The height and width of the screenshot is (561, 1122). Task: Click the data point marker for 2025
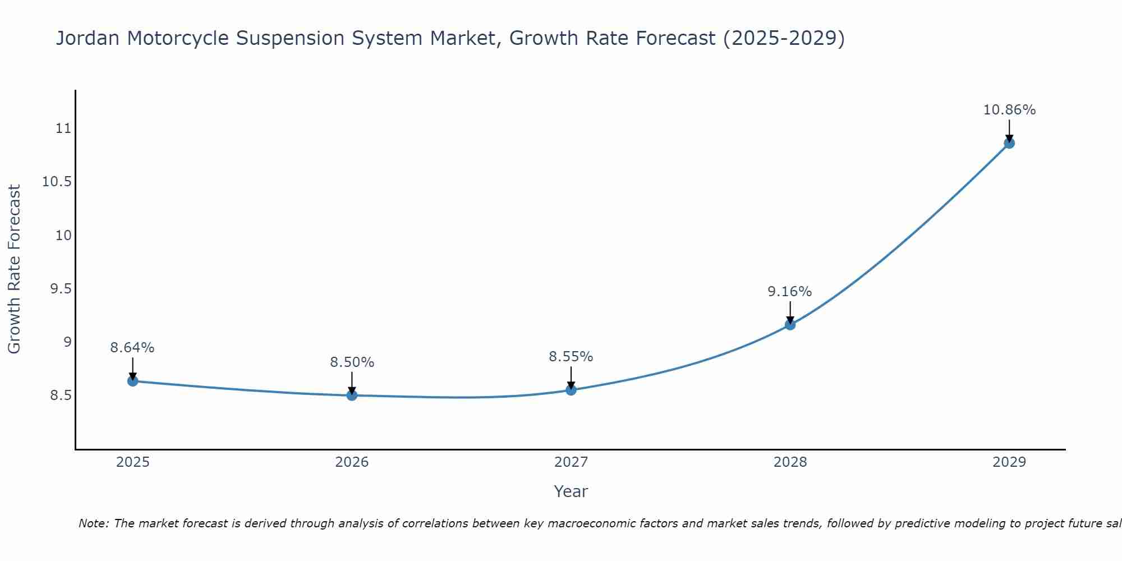tap(133, 381)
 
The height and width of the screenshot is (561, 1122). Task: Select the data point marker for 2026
tap(352, 395)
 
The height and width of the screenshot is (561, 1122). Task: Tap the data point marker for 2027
tap(571, 389)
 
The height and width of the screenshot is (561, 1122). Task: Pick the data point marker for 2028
tap(790, 324)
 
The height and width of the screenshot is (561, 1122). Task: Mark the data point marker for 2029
tap(1009, 143)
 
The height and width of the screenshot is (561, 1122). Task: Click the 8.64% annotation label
tap(132, 348)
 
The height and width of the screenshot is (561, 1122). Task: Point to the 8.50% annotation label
tap(352, 362)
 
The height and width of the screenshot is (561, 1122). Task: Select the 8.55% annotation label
tap(571, 357)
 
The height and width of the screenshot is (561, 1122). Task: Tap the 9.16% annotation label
tap(789, 292)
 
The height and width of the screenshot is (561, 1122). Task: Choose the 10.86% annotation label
tap(1009, 110)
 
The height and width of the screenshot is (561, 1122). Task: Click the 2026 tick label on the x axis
tap(352, 462)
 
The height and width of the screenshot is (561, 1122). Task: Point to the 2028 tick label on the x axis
tap(790, 462)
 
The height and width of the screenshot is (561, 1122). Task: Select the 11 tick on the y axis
tap(64, 128)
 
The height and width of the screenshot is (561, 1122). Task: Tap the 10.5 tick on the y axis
tap(57, 182)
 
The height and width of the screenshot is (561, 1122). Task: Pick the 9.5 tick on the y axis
tap(61, 289)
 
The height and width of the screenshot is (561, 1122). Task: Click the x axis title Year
tap(571, 491)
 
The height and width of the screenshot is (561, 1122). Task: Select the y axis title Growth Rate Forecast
tap(15, 269)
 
